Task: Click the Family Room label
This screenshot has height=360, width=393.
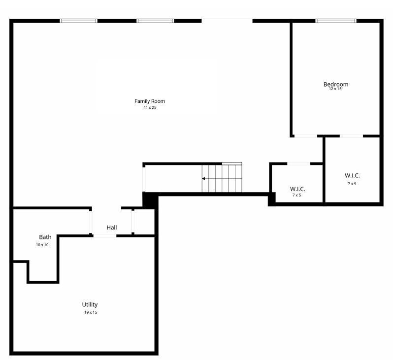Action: click(150, 101)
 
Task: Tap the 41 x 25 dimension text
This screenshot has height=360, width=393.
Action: click(150, 107)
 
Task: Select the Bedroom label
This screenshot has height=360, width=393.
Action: click(336, 84)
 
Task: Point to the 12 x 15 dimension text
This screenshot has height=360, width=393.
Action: click(335, 89)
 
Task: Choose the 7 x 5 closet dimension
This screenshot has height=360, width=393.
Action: click(296, 195)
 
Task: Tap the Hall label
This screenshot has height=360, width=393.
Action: click(112, 228)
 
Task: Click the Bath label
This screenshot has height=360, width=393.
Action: click(45, 237)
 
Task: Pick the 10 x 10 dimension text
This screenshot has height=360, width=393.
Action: click(42, 245)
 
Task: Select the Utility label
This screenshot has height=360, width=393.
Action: click(90, 304)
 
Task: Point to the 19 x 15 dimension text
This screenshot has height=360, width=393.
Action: click(91, 312)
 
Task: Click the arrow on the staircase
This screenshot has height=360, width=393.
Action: click(204, 178)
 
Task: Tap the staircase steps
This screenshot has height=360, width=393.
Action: click(224, 178)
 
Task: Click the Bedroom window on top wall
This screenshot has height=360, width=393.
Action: click(335, 21)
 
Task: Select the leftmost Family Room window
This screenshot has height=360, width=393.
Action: click(78, 21)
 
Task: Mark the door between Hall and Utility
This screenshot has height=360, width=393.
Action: click(105, 236)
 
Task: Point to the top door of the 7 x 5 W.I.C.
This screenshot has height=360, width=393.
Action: click(298, 164)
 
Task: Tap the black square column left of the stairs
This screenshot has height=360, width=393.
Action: click(149, 199)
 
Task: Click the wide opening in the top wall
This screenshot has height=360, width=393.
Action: click(227, 21)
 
